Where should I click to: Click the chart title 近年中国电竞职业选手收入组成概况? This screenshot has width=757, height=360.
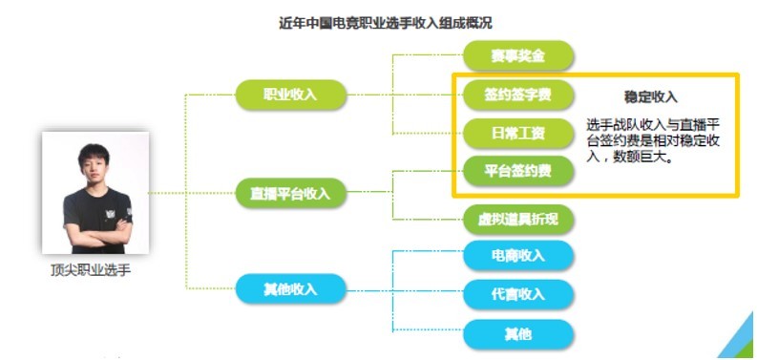pos(386,23)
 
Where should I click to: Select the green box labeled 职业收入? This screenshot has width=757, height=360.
pos(290,95)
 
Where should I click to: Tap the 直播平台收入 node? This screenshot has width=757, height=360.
pos(290,193)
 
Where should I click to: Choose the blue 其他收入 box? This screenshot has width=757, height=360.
pos(290,289)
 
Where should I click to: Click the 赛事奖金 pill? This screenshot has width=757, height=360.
pos(518,55)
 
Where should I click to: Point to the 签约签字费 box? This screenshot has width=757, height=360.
pos(518,95)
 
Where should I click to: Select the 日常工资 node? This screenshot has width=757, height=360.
pos(518,133)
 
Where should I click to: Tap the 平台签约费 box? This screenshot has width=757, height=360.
pos(518,171)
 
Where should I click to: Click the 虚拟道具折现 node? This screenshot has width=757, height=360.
pos(518,220)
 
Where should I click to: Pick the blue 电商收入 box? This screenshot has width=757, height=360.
pos(518,255)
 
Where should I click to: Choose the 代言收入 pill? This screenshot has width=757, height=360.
pos(518,294)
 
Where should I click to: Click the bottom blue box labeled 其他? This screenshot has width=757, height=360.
pos(518,334)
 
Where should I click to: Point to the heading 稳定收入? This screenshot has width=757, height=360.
pos(651,97)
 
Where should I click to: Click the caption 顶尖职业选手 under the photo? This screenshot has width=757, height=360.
pos(91,270)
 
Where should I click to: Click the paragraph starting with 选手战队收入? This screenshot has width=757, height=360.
pos(653,141)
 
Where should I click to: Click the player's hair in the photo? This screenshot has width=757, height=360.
pos(94,154)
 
